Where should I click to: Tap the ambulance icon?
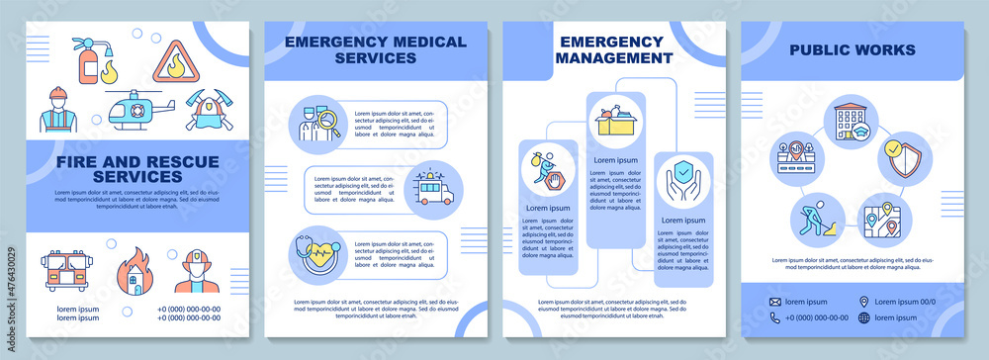[x=431, y=185]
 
